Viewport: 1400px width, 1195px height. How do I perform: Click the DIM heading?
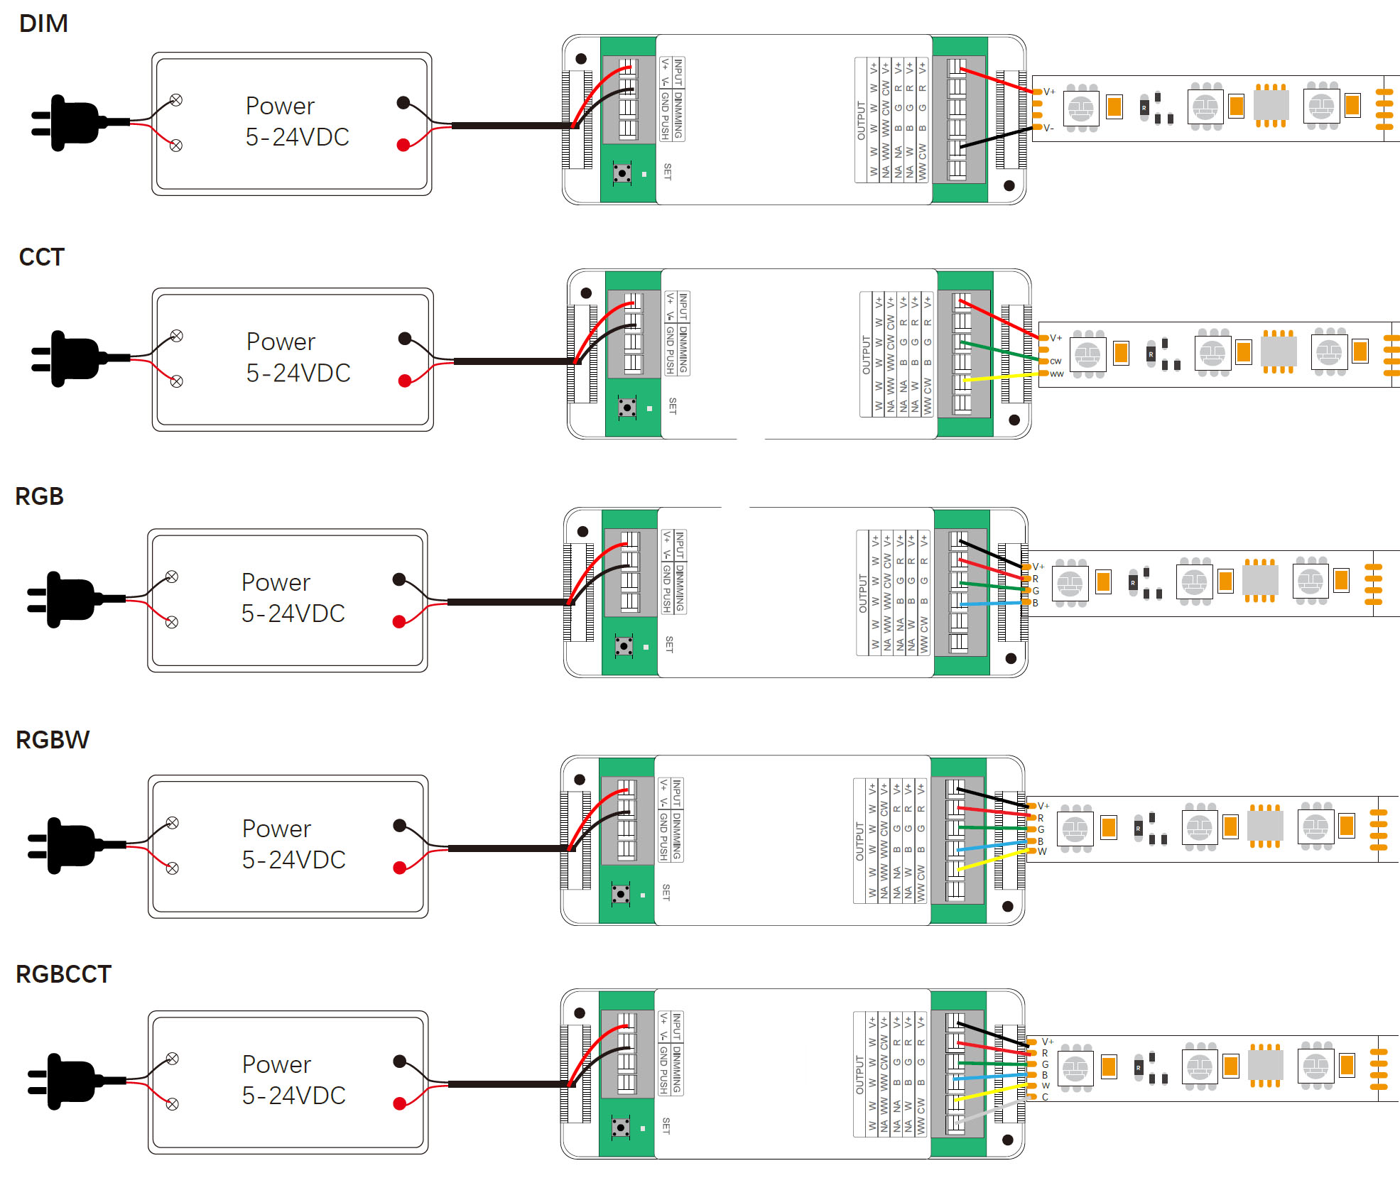(x=43, y=23)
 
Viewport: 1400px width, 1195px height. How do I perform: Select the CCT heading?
(x=41, y=257)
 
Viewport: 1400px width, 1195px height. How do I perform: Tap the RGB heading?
(x=39, y=496)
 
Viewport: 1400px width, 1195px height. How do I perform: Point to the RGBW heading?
(x=53, y=740)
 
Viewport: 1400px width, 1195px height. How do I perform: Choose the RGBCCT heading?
(x=63, y=974)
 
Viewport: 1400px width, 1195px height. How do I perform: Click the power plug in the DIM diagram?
(x=71, y=123)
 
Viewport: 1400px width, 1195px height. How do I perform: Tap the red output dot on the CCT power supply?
(x=405, y=381)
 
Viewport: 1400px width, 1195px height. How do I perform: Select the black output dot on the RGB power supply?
(x=399, y=579)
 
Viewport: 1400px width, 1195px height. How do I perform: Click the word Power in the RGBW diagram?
(x=276, y=829)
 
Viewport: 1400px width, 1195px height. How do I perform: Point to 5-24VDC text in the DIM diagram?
(x=297, y=137)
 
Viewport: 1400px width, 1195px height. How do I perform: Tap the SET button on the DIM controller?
(x=622, y=173)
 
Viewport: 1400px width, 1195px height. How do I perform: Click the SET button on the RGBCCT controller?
(x=621, y=1127)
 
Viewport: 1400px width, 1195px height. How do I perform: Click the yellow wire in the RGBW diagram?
(x=991, y=859)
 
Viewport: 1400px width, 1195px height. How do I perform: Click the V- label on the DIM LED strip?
(x=1048, y=129)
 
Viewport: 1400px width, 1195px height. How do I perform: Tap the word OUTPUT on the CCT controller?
(x=866, y=355)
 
